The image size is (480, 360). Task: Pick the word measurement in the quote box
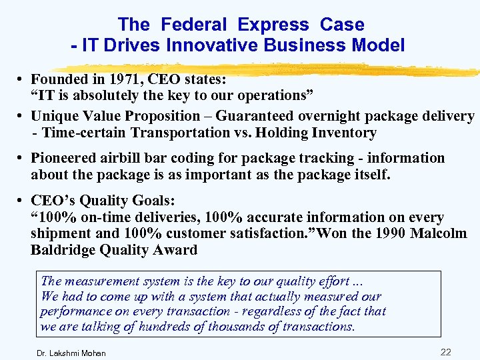[99, 281]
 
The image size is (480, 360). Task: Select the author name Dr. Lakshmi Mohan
[72, 353]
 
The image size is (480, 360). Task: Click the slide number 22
[446, 351]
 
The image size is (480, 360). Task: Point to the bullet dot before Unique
[22, 117]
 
